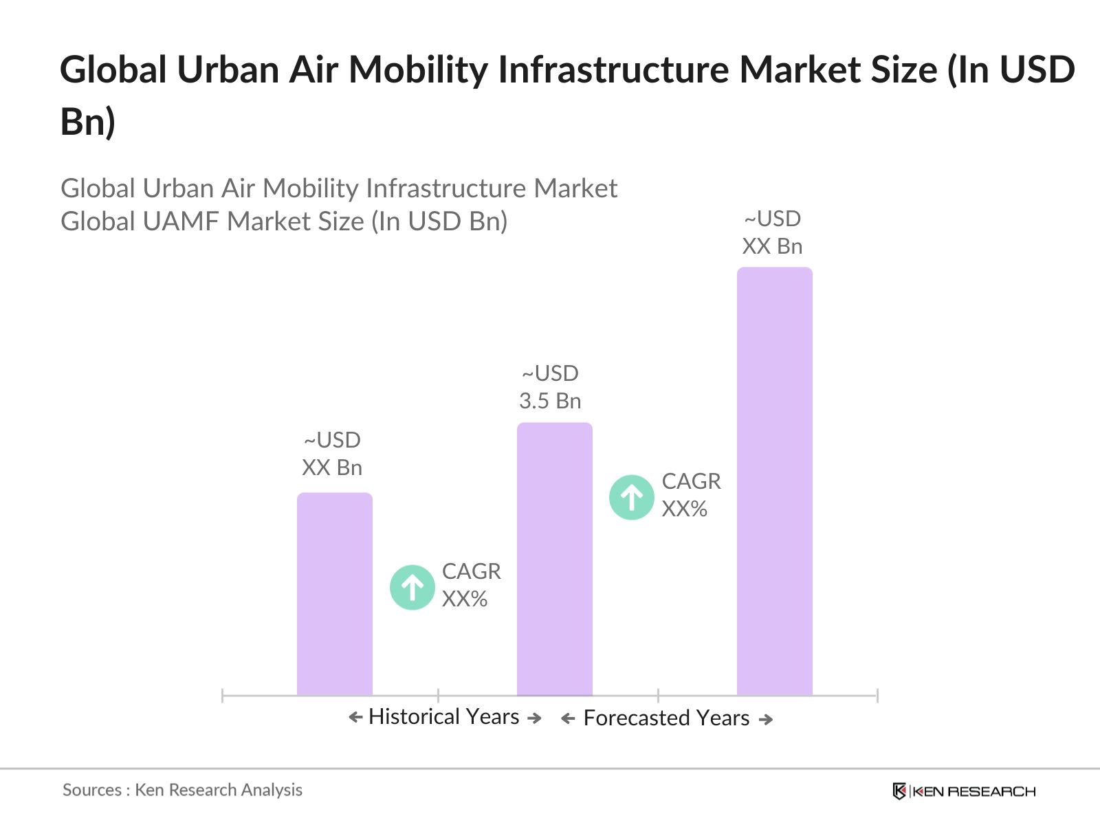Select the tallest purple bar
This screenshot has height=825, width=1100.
774,481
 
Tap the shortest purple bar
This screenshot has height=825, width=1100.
334,594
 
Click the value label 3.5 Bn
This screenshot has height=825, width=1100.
550,401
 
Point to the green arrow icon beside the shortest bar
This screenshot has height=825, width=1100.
412,587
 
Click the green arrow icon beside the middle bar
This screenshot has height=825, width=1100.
631,496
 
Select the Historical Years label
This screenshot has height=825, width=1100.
444,716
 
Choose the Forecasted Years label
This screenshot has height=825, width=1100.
666,718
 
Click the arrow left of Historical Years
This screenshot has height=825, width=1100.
355,718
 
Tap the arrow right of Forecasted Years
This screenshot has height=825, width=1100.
766,719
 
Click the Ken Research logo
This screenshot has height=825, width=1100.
964,791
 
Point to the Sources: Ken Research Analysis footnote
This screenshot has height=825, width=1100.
182,790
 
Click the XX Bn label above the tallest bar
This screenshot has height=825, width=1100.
772,246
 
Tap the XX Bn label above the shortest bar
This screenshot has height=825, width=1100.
332,467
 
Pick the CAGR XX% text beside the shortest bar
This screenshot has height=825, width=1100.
471,585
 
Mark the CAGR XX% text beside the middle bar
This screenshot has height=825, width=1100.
691,495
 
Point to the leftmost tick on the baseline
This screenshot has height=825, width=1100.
223,696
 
